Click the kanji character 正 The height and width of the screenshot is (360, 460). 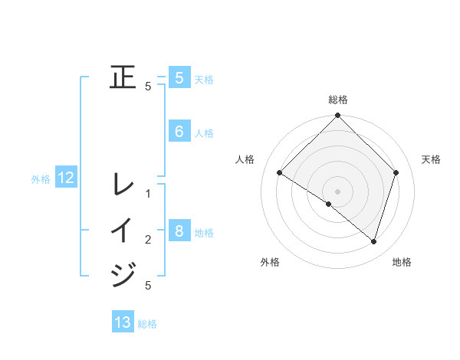click(x=123, y=77)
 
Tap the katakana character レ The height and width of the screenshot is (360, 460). click(x=123, y=185)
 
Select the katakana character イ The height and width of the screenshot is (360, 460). click(x=123, y=231)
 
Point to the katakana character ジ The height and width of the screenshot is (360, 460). click(x=123, y=274)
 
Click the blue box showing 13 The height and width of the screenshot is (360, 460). click(x=123, y=322)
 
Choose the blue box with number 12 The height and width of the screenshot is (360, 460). click(x=66, y=178)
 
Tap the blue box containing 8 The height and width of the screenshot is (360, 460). click(x=179, y=231)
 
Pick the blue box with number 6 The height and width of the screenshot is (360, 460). click(x=179, y=132)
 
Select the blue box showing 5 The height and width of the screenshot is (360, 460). click(x=179, y=77)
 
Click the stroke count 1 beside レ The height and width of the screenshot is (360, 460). click(x=148, y=194)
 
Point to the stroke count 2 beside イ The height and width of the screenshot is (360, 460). click(x=148, y=240)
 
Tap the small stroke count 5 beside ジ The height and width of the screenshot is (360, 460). click(x=148, y=286)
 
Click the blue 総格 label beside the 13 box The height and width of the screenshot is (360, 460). click(x=147, y=324)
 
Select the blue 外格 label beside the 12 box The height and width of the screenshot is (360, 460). click(x=41, y=179)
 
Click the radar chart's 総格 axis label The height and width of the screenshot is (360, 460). click(x=338, y=100)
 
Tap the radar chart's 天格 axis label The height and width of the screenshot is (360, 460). click(x=432, y=159)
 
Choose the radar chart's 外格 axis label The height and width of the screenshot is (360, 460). click(x=270, y=262)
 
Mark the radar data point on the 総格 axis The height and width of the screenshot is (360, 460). click(x=338, y=116)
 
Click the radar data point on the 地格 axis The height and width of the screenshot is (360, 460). click(x=373, y=241)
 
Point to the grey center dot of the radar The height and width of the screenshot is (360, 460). click(x=338, y=191)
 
